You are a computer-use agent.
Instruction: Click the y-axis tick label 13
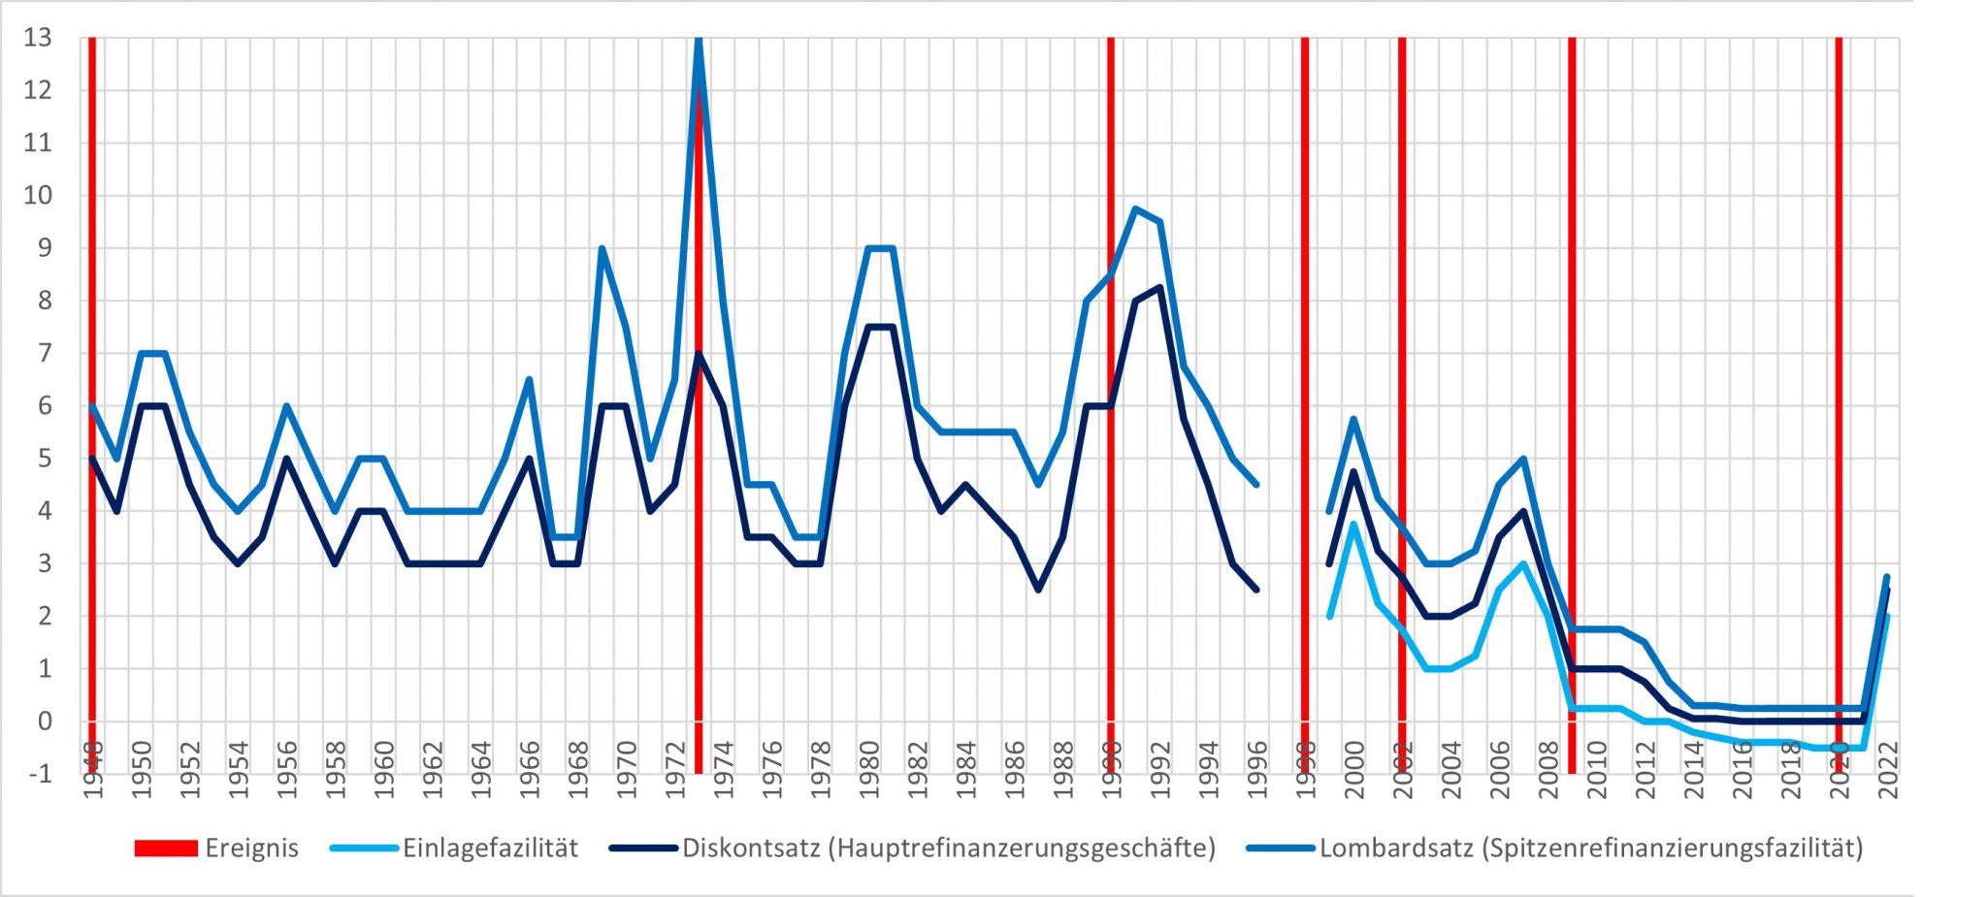[x=38, y=39]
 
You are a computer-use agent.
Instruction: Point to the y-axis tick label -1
[x=38, y=774]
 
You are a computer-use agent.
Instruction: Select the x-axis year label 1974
[x=724, y=770]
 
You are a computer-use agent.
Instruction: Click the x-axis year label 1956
[x=287, y=770]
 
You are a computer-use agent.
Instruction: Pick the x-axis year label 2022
[x=1888, y=770]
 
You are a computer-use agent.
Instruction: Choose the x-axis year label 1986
[x=1015, y=770]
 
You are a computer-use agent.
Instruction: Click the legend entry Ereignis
[x=251, y=849]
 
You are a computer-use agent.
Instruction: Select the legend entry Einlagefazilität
[x=490, y=849]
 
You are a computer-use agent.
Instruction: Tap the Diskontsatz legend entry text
[x=948, y=849]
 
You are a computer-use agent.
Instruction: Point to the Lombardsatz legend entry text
[x=1591, y=849]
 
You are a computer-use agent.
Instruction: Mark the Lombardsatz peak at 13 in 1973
[x=699, y=41]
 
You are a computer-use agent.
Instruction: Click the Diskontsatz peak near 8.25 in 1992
[x=1159, y=288]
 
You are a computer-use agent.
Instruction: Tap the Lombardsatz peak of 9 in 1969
[x=603, y=249]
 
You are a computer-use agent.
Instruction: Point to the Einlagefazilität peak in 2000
[x=1353, y=525]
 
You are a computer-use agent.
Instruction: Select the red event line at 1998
[x=1305, y=388]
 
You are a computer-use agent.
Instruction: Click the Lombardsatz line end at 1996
[x=1256, y=485]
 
